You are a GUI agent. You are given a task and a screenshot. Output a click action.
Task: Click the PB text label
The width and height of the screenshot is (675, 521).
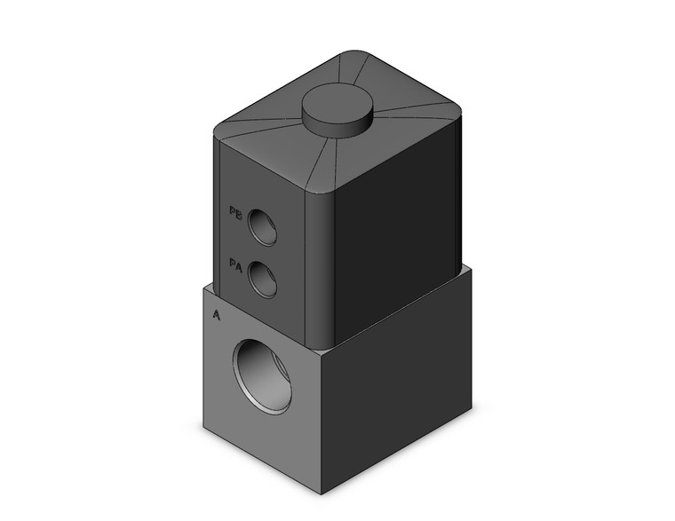pos(235,212)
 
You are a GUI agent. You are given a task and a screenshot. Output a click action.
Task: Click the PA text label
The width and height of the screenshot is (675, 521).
pos(235,264)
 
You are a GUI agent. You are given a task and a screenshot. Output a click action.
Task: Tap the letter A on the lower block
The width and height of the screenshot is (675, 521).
pos(217,314)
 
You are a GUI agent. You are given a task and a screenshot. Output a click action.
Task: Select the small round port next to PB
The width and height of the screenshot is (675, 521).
pos(262,226)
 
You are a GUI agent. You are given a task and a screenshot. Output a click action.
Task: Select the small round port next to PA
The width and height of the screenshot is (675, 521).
pos(262,280)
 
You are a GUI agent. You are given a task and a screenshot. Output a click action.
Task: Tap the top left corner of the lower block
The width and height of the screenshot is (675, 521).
pos(203,287)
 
